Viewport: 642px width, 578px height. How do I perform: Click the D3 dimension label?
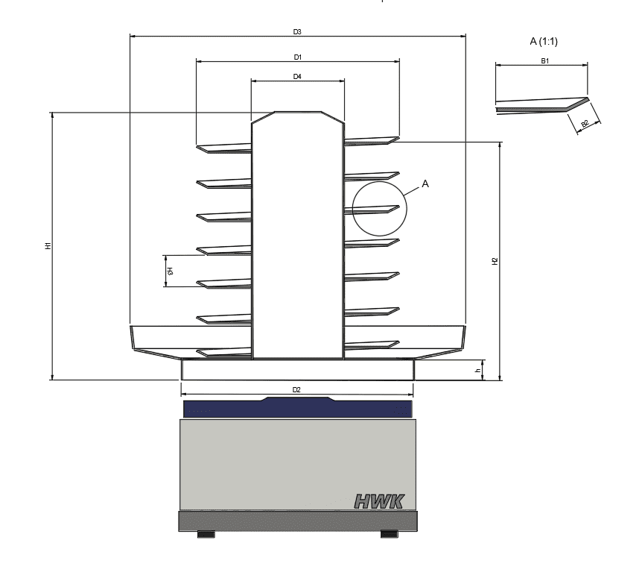[297, 32]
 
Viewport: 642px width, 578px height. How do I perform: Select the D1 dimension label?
[297, 57]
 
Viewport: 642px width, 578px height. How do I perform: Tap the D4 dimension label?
[297, 77]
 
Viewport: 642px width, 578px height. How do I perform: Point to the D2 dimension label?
[296, 390]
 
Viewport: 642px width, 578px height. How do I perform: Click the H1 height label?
[48, 245]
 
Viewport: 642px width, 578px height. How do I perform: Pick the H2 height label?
[495, 260]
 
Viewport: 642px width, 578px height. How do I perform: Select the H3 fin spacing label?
[170, 271]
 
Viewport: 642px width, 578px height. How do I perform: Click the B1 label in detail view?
[545, 61]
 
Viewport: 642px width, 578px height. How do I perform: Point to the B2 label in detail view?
[585, 124]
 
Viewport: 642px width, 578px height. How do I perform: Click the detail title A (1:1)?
[543, 42]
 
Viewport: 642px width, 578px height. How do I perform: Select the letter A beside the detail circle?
[425, 183]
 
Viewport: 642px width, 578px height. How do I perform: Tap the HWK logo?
[378, 500]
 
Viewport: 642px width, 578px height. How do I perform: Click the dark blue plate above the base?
[297, 409]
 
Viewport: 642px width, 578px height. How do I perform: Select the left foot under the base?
[206, 534]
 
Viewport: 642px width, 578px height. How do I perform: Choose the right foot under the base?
[389, 534]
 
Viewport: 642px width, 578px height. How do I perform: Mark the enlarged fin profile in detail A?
[542, 105]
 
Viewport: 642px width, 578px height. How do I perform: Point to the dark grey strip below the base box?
[297, 521]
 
